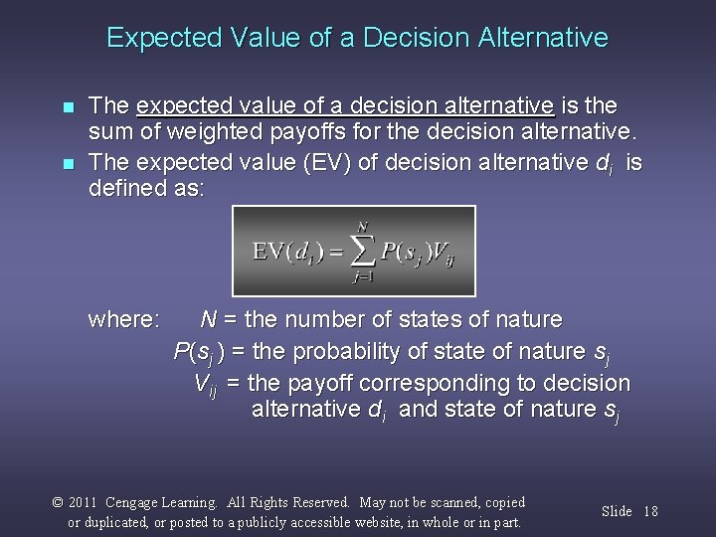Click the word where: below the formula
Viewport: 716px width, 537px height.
[x=123, y=320]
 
